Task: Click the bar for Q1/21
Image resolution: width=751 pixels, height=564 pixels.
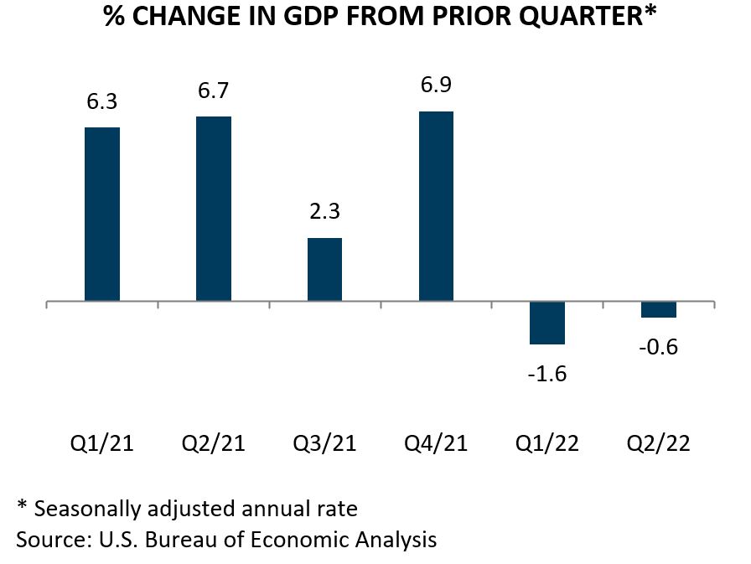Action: [102, 214]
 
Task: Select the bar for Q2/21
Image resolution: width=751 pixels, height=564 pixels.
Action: [214, 208]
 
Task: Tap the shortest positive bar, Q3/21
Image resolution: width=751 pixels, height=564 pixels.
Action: [324, 269]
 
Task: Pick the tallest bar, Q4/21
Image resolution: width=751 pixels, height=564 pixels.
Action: [436, 205]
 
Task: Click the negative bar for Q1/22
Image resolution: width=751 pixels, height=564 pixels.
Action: [547, 323]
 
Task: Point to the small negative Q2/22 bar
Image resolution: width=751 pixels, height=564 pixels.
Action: [659, 309]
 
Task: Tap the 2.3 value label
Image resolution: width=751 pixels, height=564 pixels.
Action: [324, 212]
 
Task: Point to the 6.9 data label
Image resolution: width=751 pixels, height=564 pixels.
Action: [436, 85]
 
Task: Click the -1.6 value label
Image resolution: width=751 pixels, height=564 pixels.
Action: [547, 373]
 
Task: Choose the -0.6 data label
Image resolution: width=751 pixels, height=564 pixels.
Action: [659, 346]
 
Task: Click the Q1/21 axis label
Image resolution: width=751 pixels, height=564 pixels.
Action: [102, 442]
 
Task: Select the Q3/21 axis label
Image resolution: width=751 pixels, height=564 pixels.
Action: [324, 442]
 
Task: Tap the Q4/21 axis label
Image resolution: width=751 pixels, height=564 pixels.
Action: [436, 442]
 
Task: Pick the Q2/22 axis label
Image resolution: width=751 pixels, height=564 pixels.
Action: [659, 442]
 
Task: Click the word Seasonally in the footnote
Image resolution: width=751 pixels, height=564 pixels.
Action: [85, 508]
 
